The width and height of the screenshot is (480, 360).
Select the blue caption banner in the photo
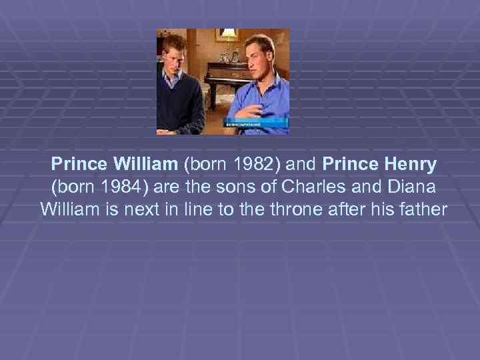(x=256, y=123)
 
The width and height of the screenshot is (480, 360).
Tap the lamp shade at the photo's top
(x=229, y=33)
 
